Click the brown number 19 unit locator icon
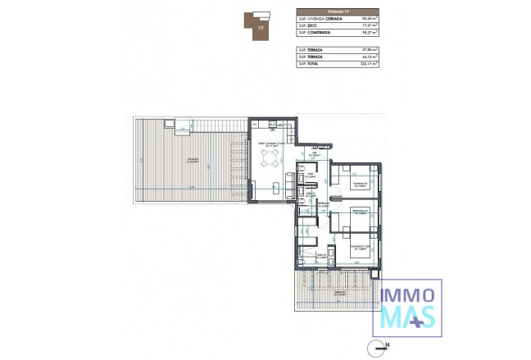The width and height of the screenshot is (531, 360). pos(260,23)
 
